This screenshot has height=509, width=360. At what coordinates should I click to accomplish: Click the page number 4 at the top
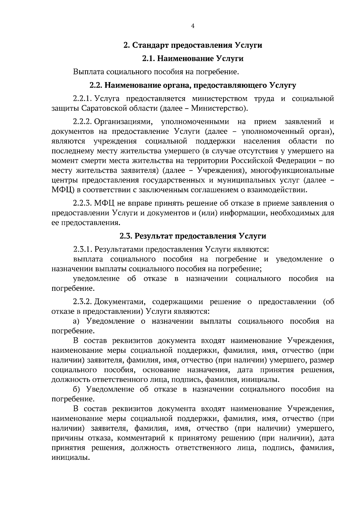[x=193, y=26]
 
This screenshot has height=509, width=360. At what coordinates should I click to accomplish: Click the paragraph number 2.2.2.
[x=82, y=122]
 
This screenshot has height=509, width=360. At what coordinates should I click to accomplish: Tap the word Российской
[x=251, y=161]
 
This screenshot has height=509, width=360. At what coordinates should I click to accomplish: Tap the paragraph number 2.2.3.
[x=82, y=203]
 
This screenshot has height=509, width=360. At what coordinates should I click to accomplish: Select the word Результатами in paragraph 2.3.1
[x=120, y=249]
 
